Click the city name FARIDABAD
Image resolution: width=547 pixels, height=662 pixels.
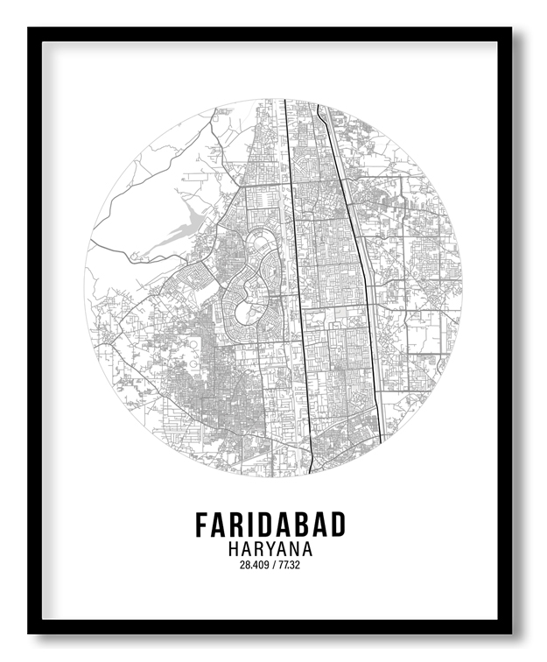point(270,524)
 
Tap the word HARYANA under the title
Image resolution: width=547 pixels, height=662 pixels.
point(270,549)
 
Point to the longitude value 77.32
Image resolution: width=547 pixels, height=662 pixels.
point(290,565)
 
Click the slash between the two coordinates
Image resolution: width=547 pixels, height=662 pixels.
point(274,565)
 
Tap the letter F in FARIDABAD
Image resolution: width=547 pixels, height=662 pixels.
point(202,524)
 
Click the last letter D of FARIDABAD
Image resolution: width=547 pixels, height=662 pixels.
point(338,524)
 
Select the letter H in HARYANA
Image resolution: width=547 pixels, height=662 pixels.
point(232,549)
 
